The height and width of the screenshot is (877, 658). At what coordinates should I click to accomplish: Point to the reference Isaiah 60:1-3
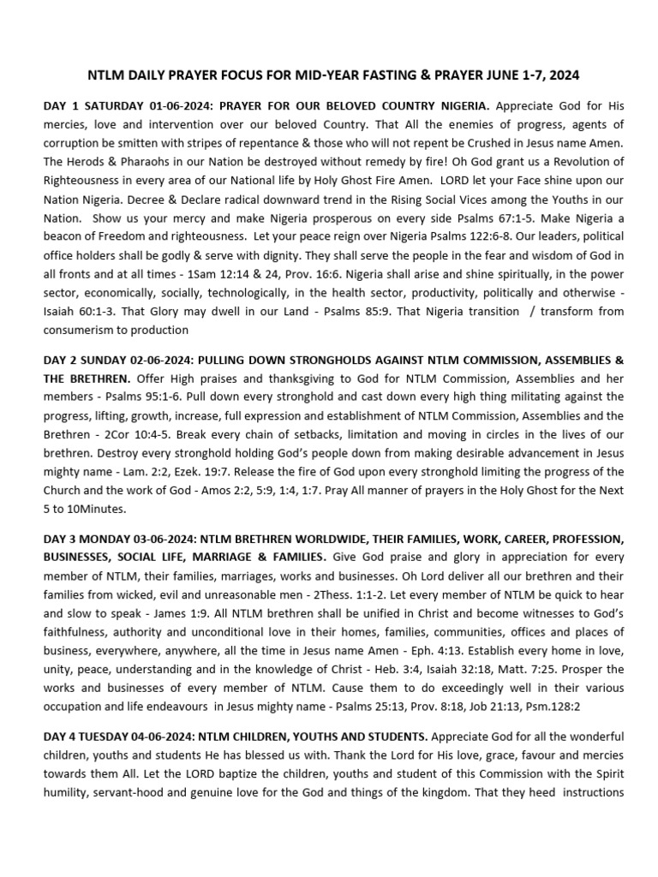coord(78,292)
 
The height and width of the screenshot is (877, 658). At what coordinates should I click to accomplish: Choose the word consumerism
coord(84,329)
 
